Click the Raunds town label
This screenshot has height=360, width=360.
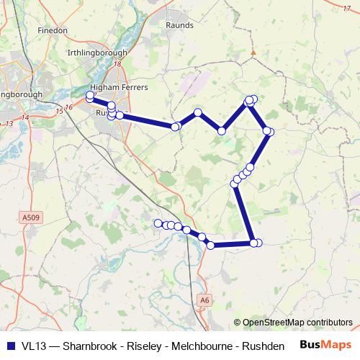pyautogui.click(x=179, y=25)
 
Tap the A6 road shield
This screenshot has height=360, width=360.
pyautogui.click(x=205, y=300)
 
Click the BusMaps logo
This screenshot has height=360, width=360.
pyautogui.click(x=324, y=345)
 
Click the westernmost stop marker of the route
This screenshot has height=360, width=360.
pyautogui.click(x=90, y=96)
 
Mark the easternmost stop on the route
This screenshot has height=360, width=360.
pyautogui.click(x=269, y=131)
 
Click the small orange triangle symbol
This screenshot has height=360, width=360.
pyautogui.click(x=253, y=52)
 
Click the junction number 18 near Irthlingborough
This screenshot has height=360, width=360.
pyautogui.click(x=117, y=64)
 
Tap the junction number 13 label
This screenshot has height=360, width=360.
pyautogui.click(x=9, y=124)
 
